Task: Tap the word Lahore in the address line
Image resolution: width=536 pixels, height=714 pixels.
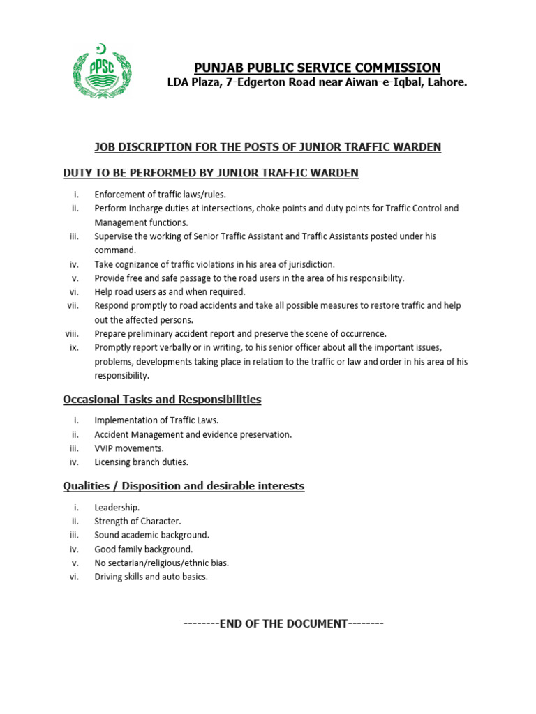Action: [x=445, y=82]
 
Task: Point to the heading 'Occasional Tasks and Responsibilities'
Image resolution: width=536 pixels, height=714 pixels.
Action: [x=162, y=400]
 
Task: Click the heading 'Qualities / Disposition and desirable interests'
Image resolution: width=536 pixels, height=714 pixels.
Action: [x=184, y=485]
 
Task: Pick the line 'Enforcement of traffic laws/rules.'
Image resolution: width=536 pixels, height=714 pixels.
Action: [x=161, y=195]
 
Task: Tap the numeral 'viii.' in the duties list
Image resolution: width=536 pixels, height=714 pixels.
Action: [x=73, y=333]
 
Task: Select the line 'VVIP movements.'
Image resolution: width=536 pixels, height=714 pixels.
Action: [x=129, y=448]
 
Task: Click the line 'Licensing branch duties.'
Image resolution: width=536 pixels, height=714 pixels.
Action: [x=142, y=462]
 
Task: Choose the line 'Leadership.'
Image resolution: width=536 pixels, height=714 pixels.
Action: [x=117, y=508]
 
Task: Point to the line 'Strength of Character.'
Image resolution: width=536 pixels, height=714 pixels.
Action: [x=138, y=521]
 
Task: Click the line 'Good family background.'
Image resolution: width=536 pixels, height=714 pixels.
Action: [x=144, y=549]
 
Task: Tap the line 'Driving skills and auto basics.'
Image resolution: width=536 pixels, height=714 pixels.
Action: [x=151, y=577]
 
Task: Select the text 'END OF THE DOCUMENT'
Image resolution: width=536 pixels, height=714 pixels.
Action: [x=283, y=623]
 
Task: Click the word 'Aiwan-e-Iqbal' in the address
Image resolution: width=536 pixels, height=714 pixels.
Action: [x=374, y=82]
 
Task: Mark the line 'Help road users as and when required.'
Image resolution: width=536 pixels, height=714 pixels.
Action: [x=170, y=291]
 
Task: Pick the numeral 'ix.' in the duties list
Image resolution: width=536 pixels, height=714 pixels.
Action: [x=75, y=347]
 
